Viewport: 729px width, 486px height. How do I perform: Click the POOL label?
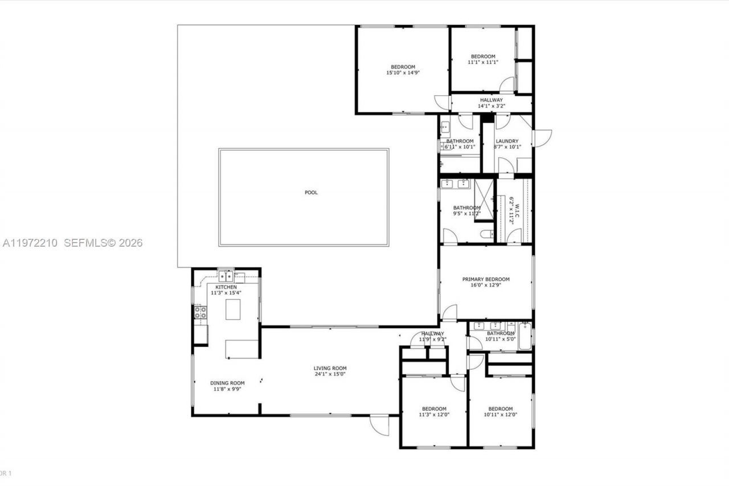tap(311, 193)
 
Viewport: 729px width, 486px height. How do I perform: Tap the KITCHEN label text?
tap(226, 287)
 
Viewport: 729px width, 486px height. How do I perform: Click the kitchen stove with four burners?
tap(200, 312)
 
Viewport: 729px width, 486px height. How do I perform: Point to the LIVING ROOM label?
tap(330, 368)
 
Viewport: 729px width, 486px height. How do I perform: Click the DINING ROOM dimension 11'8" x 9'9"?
tap(227, 389)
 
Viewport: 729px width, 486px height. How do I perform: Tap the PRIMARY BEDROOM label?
tap(485, 279)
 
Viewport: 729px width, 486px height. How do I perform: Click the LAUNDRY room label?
tap(507, 141)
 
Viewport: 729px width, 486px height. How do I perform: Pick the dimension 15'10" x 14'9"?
tap(403, 72)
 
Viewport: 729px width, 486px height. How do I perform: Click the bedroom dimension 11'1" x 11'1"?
tap(482, 62)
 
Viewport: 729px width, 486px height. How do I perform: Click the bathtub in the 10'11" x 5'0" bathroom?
tap(525, 336)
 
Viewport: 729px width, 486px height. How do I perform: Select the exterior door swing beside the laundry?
tap(543, 138)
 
